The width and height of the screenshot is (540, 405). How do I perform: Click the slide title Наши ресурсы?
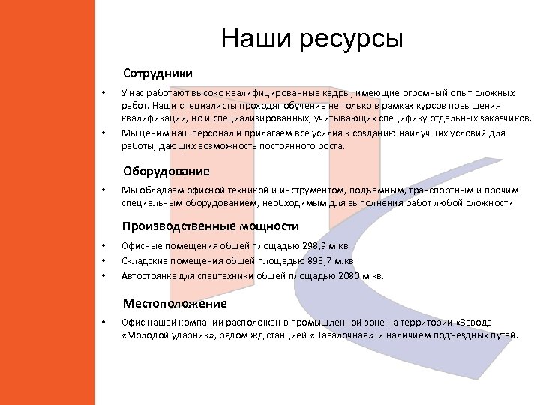click(x=312, y=38)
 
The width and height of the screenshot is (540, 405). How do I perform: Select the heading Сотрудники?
click(x=157, y=74)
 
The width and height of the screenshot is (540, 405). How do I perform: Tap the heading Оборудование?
click(x=166, y=172)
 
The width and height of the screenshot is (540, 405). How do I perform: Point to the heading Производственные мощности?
click(x=211, y=226)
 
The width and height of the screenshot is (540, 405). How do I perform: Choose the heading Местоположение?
click(x=175, y=304)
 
